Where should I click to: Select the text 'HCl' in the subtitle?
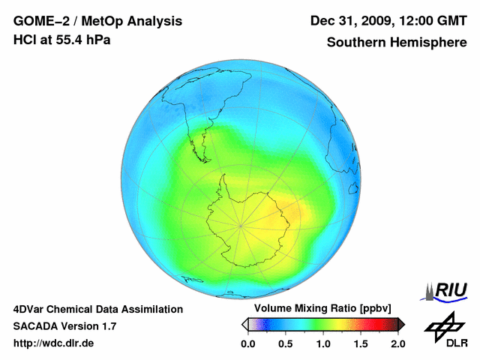coord(24,40)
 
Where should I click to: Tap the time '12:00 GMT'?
coord(433,21)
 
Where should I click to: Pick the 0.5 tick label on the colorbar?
coord(285,343)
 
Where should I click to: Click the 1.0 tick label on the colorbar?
coord(322,343)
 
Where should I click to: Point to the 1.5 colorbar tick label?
coord(361,343)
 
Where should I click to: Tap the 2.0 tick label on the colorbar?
coord(397,343)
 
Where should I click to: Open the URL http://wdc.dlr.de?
coord(54,343)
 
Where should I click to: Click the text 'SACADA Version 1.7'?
coord(64,326)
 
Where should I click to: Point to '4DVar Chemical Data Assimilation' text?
coord(97,309)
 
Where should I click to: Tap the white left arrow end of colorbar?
coord(244,324)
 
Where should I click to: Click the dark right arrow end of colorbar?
coord(401,324)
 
